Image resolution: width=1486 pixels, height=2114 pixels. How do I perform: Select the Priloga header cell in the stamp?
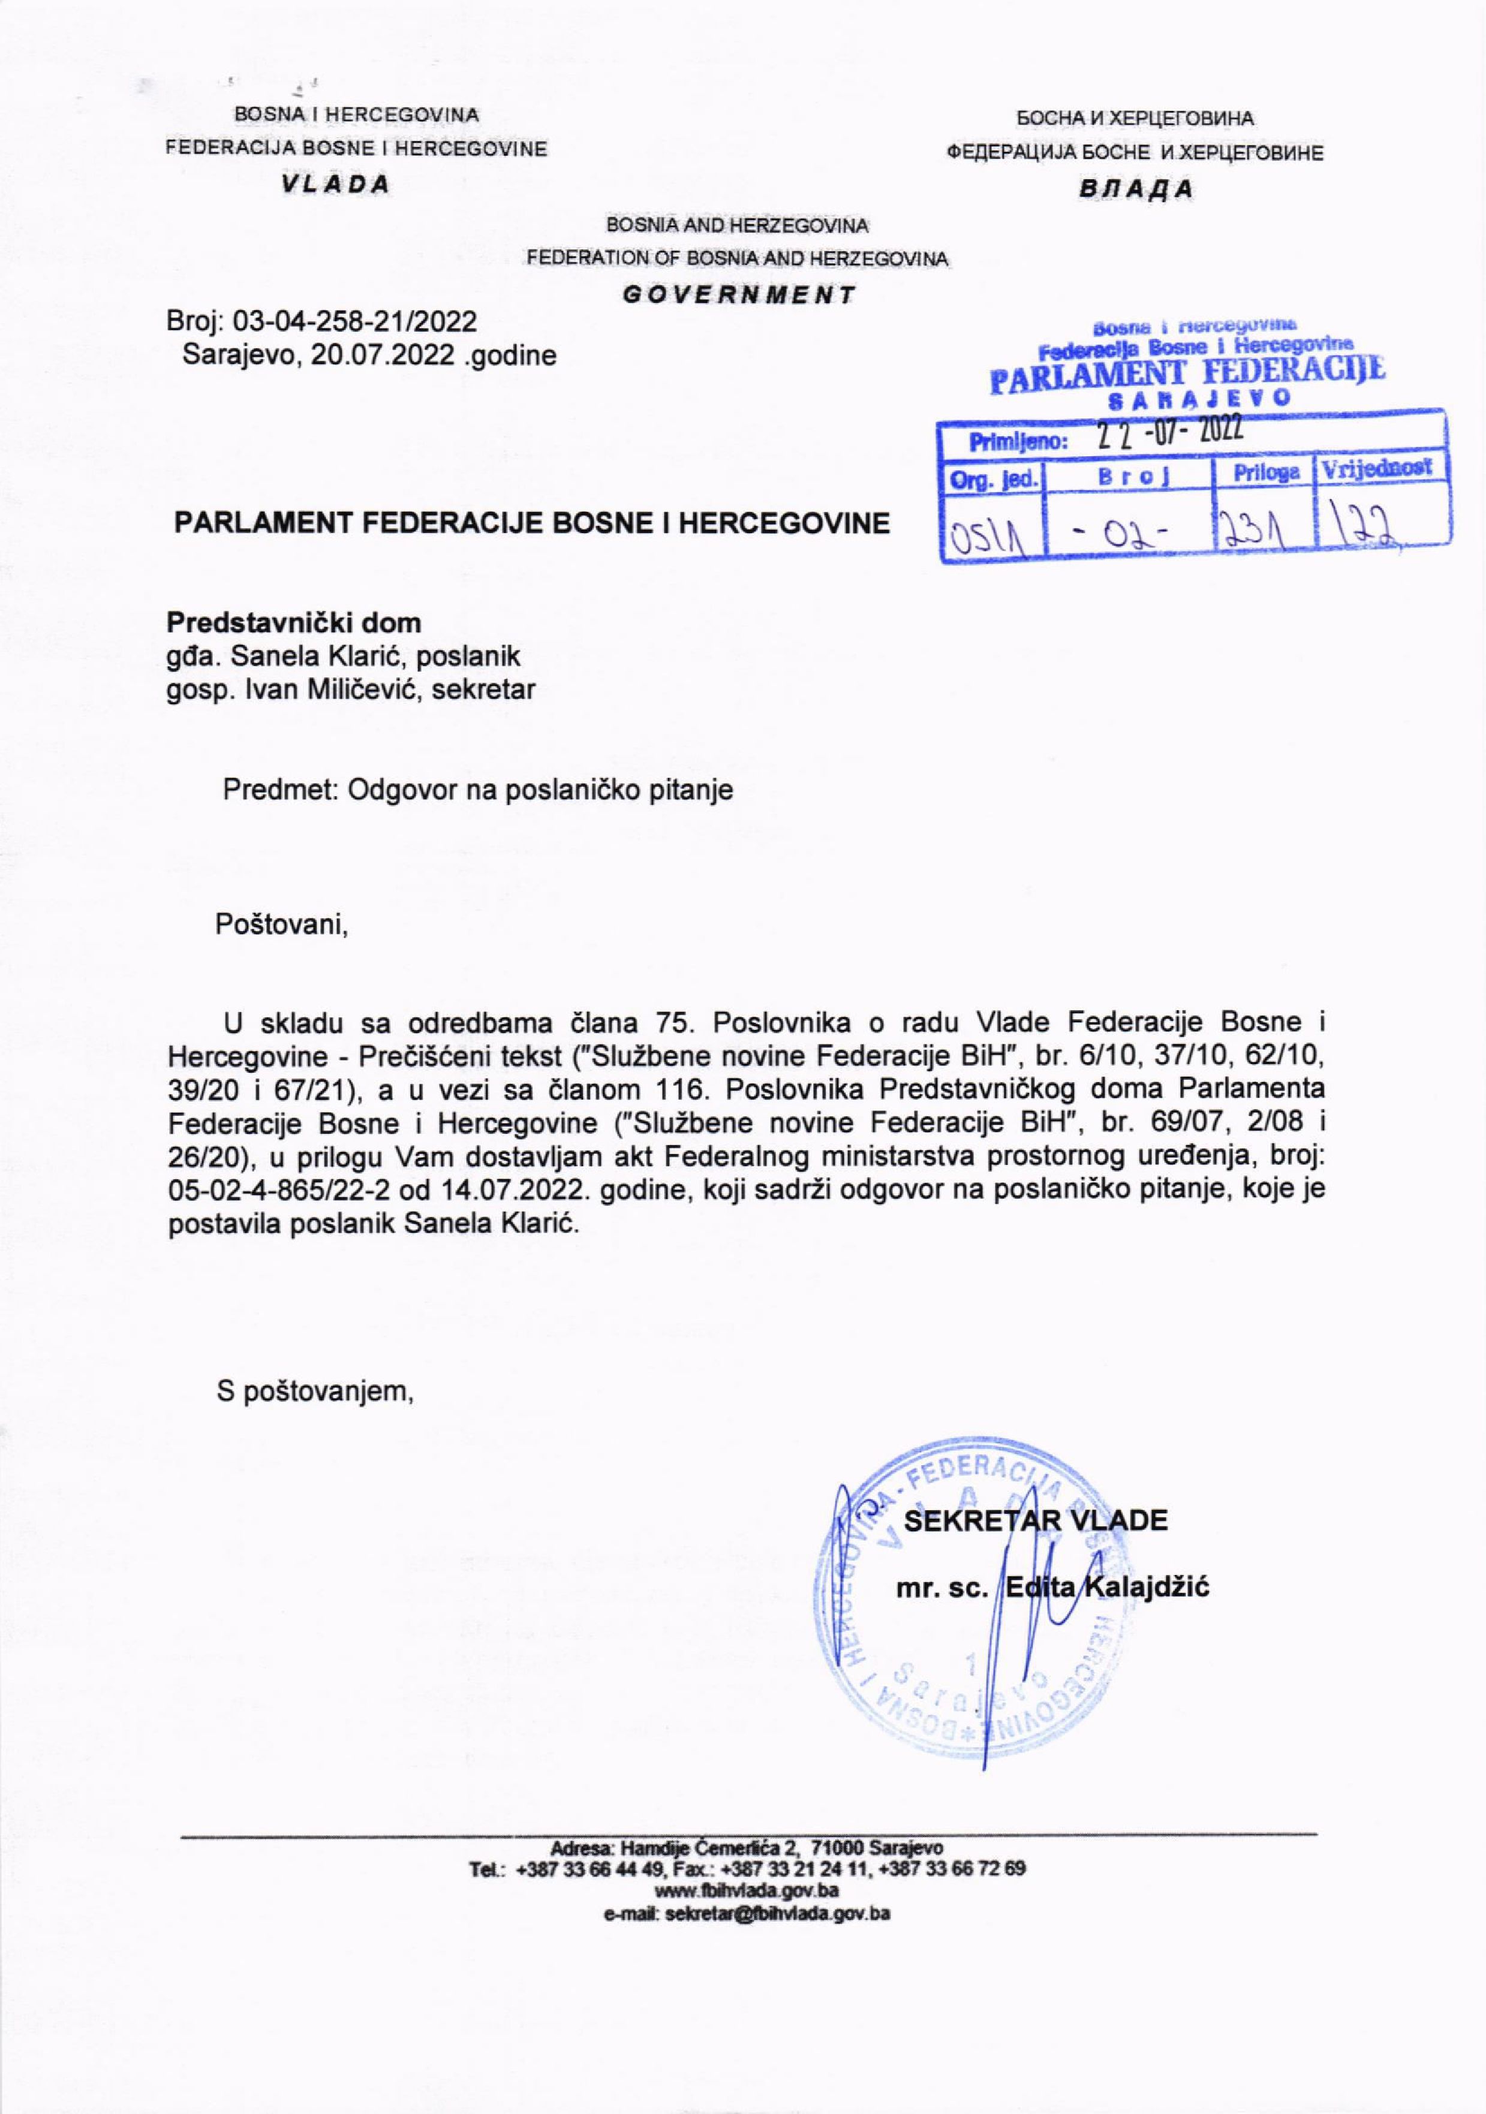click(x=1266, y=472)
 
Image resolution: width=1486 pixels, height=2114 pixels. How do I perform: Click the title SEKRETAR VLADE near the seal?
click(x=1036, y=1520)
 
